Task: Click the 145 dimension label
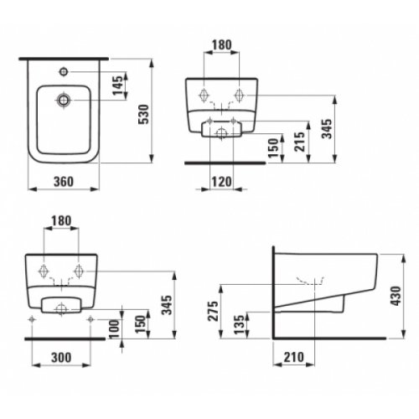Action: [116, 84]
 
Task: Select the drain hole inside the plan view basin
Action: [64, 102]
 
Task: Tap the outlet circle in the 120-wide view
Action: [221, 132]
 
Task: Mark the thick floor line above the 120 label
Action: [221, 162]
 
